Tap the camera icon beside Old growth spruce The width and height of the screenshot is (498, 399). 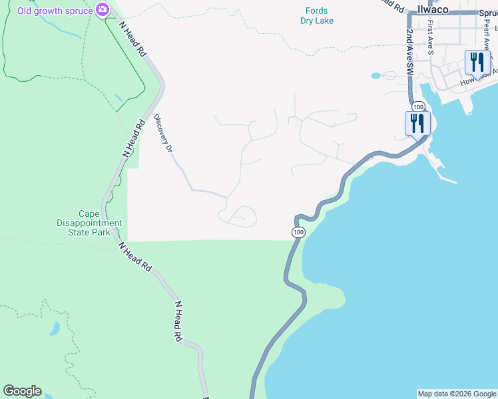point(102,9)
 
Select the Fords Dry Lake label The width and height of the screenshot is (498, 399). point(316,15)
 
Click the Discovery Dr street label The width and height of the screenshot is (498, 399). point(163,134)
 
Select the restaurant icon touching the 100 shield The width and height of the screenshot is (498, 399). point(417,124)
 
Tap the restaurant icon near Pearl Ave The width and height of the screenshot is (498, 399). point(477,63)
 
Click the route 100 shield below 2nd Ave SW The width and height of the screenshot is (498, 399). point(417,106)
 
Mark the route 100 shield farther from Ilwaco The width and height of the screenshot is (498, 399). point(298,232)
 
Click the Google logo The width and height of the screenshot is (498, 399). point(22,391)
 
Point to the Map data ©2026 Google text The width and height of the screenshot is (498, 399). point(457,394)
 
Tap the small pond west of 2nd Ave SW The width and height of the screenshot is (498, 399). point(375,76)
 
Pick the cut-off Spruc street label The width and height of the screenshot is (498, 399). point(487,12)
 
